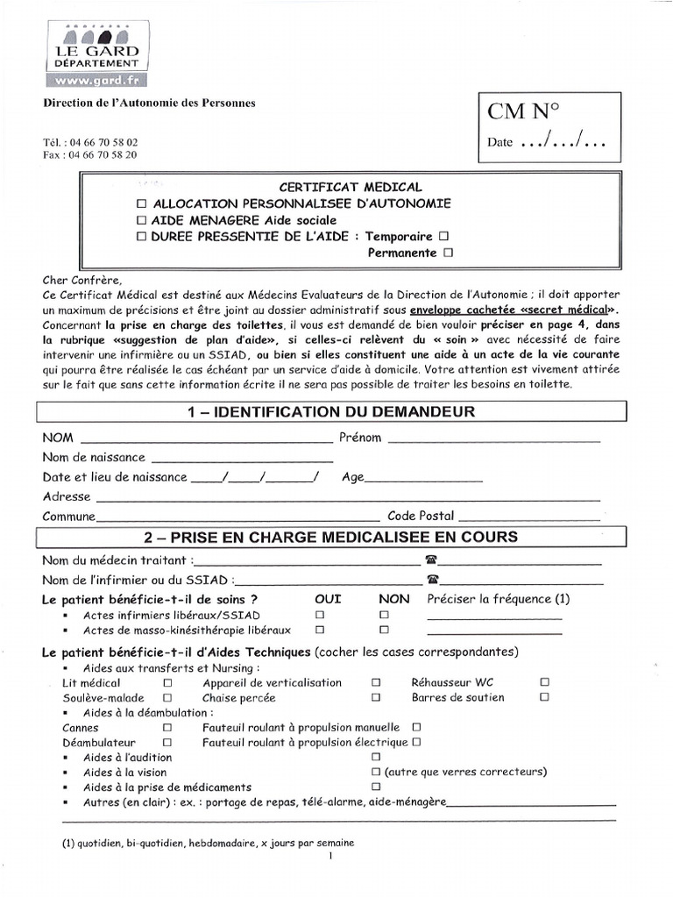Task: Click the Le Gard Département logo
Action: pyautogui.click(x=96, y=52)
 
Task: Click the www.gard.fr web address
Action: pyautogui.click(x=96, y=82)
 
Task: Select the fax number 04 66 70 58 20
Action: pyautogui.click(x=89, y=154)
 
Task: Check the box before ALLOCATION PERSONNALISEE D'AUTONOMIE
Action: pyautogui.click(x=142, y=203)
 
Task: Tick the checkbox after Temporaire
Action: pyautogui.click(x=443, y=237)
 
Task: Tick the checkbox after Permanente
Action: pyautogui.click(x=448, y=253)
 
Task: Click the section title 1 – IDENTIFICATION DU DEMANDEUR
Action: pyautogui.click(x=331, y=412)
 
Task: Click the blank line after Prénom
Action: pyautogui.click(x=493, y=440)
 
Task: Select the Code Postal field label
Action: pyautogui.click(x=421, y=517)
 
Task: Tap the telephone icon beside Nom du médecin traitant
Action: pyautogui.click(x=430, y=559)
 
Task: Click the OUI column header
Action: pyautogui.click(x=328, y=599)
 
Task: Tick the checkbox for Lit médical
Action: pyautogui.click(x=167, y=681)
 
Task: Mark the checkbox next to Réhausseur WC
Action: pyautogui.click(x=544, y=681)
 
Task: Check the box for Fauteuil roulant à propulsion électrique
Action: pyautogui.click(x=416, y=742)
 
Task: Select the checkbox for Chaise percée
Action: pyautogui.click(x=375, y=697)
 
